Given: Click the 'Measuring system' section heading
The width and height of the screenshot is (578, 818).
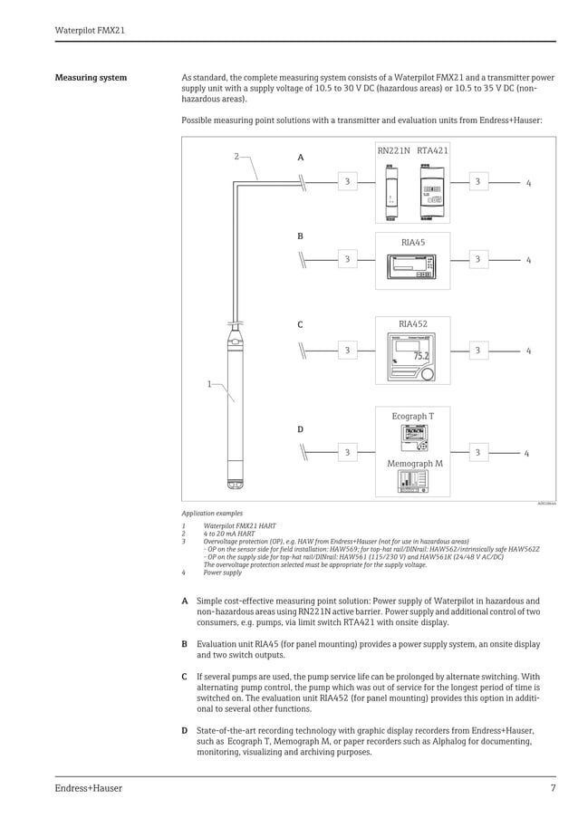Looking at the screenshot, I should (x=91, y=78).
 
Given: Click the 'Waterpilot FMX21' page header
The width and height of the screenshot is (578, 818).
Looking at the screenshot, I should (x=90, y=30).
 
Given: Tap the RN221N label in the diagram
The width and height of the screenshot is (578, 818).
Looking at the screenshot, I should (x=394, y=151).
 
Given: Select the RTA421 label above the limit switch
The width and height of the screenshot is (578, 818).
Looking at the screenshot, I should (x=432, y=151).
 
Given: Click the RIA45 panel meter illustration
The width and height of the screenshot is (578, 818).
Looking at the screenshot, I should (x=412, y=265).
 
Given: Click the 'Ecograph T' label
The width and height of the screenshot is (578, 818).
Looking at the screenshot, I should (x=412, y=417).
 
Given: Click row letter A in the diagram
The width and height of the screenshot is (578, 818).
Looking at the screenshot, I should (x=301, y=158).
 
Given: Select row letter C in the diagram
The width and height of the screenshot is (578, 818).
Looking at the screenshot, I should (x=301, y=324).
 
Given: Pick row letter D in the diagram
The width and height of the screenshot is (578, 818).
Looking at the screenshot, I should (x=301, y=429).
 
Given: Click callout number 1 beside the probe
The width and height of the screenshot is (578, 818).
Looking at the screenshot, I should (x=208, y=384).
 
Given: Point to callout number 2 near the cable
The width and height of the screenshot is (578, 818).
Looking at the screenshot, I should (x=237, y=157).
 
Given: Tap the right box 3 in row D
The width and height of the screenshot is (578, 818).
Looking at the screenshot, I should (x=477, y=452).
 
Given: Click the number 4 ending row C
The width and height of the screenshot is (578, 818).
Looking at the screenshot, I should (x=528, y=351).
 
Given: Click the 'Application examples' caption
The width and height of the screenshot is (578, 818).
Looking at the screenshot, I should (x=212, y=513).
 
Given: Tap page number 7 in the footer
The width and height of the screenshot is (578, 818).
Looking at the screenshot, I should (x=553, y=788).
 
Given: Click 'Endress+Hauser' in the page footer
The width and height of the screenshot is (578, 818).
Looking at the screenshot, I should (x=88, y=788).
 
